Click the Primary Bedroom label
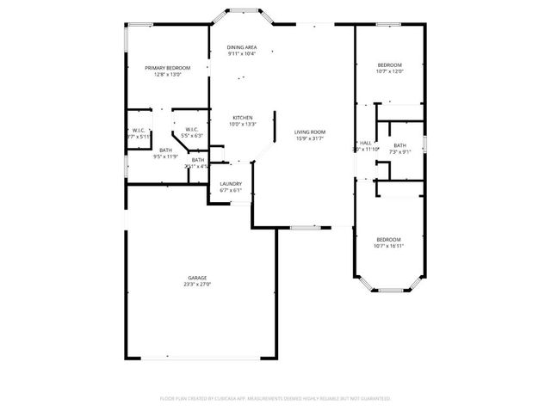coord(167,67)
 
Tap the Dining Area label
coord(242,46)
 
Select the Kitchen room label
coord(242,117)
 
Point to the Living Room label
coord(310,131)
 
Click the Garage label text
coord(197,277)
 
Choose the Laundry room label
coord(230,183)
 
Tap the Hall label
coord(366,143)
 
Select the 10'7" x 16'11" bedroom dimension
coord(388,246)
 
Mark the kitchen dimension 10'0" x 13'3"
coord(242,124)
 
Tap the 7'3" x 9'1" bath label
coord(399,152)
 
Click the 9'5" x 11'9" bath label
coord(165,156)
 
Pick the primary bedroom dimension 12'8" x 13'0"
coord(167,74)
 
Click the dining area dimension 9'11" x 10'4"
coord(242,54)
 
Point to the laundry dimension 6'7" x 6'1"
coord(230,190)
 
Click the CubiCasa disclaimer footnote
coord(275,398)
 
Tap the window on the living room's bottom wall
coord(304,227)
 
